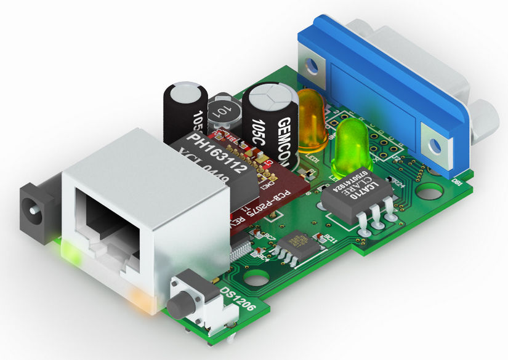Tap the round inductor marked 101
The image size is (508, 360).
click(x=221, y=111)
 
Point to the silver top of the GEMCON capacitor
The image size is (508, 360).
click(x=270, y=95)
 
